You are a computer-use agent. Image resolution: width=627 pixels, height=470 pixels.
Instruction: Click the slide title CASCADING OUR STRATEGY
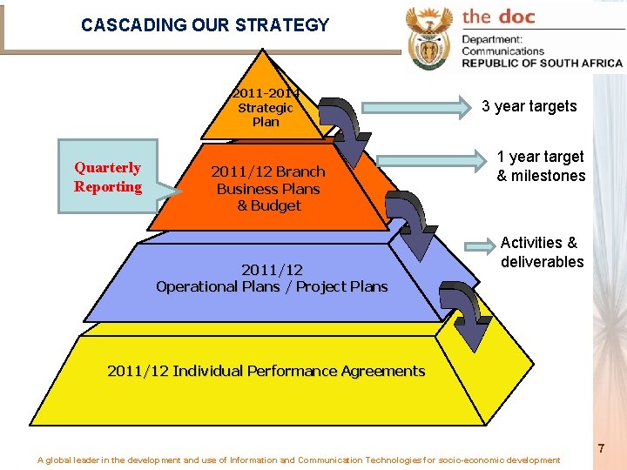[205, 25]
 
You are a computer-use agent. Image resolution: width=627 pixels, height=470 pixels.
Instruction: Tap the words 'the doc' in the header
[499, 17]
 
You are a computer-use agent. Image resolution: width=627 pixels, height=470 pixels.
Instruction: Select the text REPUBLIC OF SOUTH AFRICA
[542, 63]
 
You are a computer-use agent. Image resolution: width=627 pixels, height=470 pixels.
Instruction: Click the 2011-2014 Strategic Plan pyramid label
[266, 107]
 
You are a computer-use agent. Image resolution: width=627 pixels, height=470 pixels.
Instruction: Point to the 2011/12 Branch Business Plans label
[268, 189]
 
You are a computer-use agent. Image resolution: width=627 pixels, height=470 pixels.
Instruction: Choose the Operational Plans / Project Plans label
[272, 278]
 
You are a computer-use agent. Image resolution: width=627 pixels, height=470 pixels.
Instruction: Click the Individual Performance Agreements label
[266, 371]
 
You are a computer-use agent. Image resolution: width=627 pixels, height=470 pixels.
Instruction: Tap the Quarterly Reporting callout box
[108, 177]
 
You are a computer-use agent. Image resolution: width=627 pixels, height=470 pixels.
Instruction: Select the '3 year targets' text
[529, 106]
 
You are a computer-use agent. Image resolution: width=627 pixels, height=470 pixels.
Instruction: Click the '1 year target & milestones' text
[541, 166]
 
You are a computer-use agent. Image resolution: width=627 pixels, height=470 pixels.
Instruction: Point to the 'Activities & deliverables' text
[542, 252]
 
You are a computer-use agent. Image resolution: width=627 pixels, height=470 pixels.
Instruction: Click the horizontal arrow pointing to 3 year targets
[414, 108]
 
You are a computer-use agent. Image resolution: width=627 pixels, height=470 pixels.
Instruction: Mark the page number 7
[601, 449]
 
